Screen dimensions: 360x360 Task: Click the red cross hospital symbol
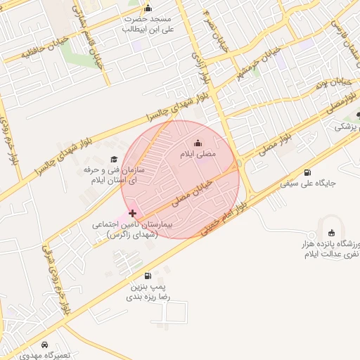tap(133, 212)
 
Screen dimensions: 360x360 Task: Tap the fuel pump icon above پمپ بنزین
tap(147, 276)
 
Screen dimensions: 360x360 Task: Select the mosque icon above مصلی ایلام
tap(197, 143)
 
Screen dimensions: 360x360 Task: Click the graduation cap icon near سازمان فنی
tap(114, 160)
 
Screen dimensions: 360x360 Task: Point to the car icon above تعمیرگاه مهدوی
tap(45, 345)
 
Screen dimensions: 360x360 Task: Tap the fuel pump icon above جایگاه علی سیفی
tap(307, 173)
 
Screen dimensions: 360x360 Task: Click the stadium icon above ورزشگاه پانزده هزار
tap(332, 233)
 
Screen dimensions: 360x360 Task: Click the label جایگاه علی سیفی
tap(309, 184)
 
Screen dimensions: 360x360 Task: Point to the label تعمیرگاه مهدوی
tap(46, 356)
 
